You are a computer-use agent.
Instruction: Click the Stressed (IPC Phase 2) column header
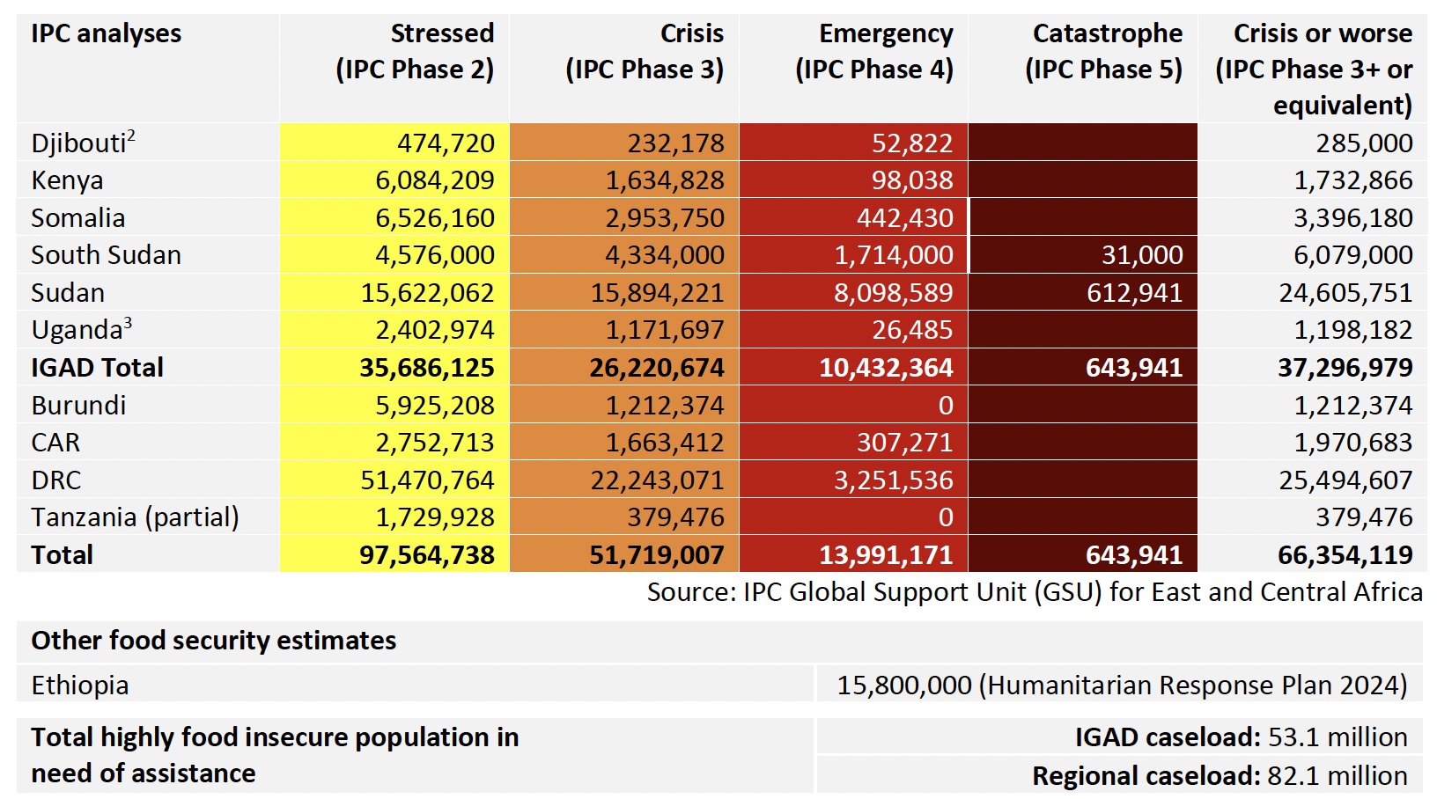[x=415, y=51]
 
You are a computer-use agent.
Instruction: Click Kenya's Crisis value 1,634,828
[x=665, y=180]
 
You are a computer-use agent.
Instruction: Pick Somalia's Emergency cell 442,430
[x=905, y=218]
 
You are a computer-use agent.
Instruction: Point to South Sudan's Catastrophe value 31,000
[x=1142, y=255]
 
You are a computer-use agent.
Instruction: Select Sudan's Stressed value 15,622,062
[x=427, y=293]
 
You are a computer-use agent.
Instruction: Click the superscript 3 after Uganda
[x=128, y=322]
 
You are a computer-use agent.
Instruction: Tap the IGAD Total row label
[x=97, y=368]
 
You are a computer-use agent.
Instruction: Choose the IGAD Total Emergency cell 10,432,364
[x=886, y=368]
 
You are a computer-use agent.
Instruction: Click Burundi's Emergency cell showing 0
[x=946, y=406]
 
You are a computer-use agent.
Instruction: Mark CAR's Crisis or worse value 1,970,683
[x=1352, y=443]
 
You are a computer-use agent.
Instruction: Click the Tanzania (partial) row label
[x=135, y=517]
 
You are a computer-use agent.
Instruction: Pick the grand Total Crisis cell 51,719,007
[x=657, y=555]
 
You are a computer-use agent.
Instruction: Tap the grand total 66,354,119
[x=1345, y=555]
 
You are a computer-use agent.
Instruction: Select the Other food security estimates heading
[x=213, y=641]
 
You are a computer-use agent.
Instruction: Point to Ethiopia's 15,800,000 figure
[x=904, y=685]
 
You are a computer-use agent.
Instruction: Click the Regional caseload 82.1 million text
[x=1220, y=776]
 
